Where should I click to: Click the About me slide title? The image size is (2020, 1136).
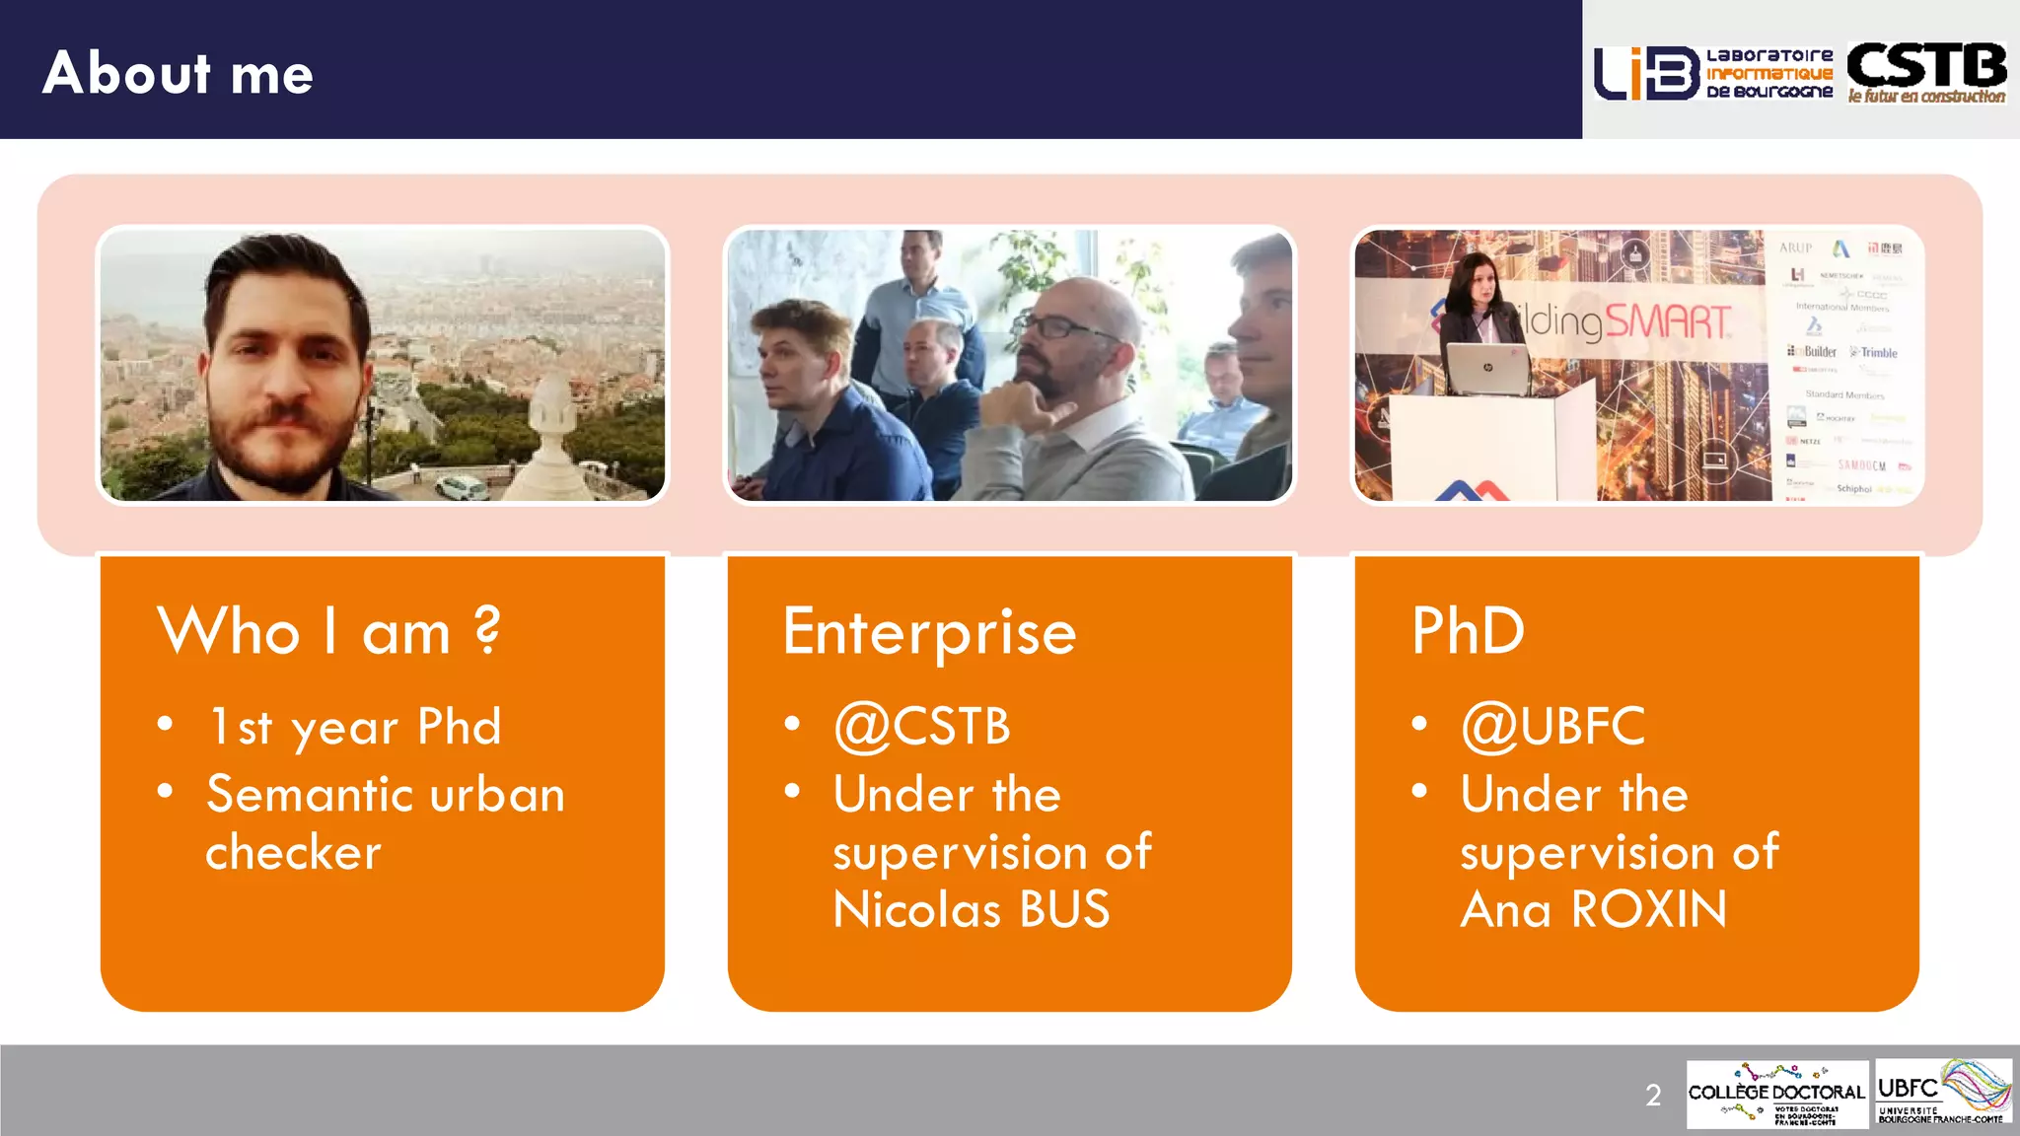(178, 73)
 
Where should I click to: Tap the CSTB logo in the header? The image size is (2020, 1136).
(1926, 72)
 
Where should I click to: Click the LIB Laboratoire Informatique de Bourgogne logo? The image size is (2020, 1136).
(1713, 73)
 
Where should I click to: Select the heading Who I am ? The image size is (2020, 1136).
(328, 631)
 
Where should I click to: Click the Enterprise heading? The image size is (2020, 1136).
(929, 632)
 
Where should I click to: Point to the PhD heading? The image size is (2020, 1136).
(1468, 631)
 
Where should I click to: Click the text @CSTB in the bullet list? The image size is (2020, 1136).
(922, 727)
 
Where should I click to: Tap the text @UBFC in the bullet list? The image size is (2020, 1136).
(1553, 727)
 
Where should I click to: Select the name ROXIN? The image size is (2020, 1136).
(1648, 909)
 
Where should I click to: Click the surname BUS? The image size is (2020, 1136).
(1064, 909)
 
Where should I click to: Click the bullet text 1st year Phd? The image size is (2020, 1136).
(355, 728)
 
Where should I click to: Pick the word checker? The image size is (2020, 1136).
(293, 852)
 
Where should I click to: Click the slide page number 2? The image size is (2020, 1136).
(1653, 1095)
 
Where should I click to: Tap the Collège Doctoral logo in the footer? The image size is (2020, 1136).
(1776, 1095)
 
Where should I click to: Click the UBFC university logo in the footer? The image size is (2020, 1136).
(1942, 1093)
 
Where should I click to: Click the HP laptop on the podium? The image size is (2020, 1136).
(1486, 370)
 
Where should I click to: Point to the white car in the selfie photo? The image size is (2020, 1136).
(462, 486)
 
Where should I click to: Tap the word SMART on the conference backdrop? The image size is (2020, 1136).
(1667, 321)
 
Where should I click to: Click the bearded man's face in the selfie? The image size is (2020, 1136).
(283, 380)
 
